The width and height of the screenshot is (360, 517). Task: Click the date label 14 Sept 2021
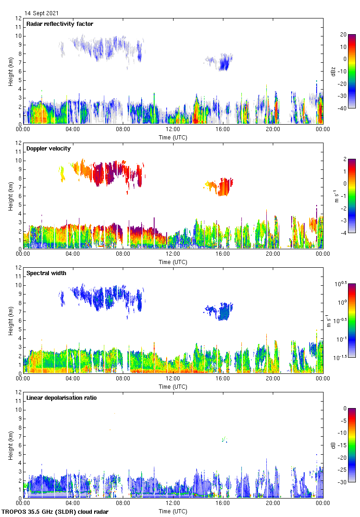42,13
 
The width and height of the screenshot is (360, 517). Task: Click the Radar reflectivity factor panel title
60,24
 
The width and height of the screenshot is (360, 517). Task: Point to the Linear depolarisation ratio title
61,397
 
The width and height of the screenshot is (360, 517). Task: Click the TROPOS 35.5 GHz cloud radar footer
55,511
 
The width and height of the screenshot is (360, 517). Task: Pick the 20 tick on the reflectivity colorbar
343,35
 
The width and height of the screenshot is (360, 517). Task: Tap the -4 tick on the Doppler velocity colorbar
343,233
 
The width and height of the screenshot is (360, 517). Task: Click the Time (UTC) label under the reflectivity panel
173,137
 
